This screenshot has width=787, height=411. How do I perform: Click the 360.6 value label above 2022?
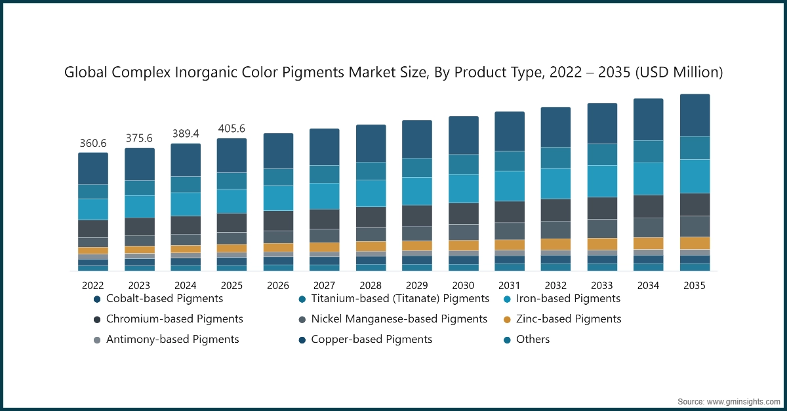(92, 143)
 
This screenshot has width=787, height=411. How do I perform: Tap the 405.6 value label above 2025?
(232, 128)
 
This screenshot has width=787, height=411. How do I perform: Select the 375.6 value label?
(139, 138)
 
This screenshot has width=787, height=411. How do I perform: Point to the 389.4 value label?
(186, 134)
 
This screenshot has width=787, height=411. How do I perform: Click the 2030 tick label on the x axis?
(463, 286)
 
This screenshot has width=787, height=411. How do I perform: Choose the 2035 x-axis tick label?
(695, 286)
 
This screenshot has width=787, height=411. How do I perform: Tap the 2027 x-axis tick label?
(324, 286)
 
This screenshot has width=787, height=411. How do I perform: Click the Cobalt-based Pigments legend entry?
(164, 299)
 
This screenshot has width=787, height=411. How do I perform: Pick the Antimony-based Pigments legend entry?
(172, 340)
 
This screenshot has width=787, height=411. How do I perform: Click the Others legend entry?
(533, 340)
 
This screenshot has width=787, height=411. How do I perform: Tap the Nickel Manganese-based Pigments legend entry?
(399, 319)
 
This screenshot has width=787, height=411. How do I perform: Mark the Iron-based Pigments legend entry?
(568, 299)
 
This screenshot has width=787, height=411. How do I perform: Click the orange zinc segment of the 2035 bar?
(695, 243)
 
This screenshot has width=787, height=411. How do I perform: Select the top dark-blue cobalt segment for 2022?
(92, 168)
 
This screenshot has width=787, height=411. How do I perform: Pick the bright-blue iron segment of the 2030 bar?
(463, 189)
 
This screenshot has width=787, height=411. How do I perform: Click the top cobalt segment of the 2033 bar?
(602, 123)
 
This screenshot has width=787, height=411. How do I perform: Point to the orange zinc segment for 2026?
(278, 248)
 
